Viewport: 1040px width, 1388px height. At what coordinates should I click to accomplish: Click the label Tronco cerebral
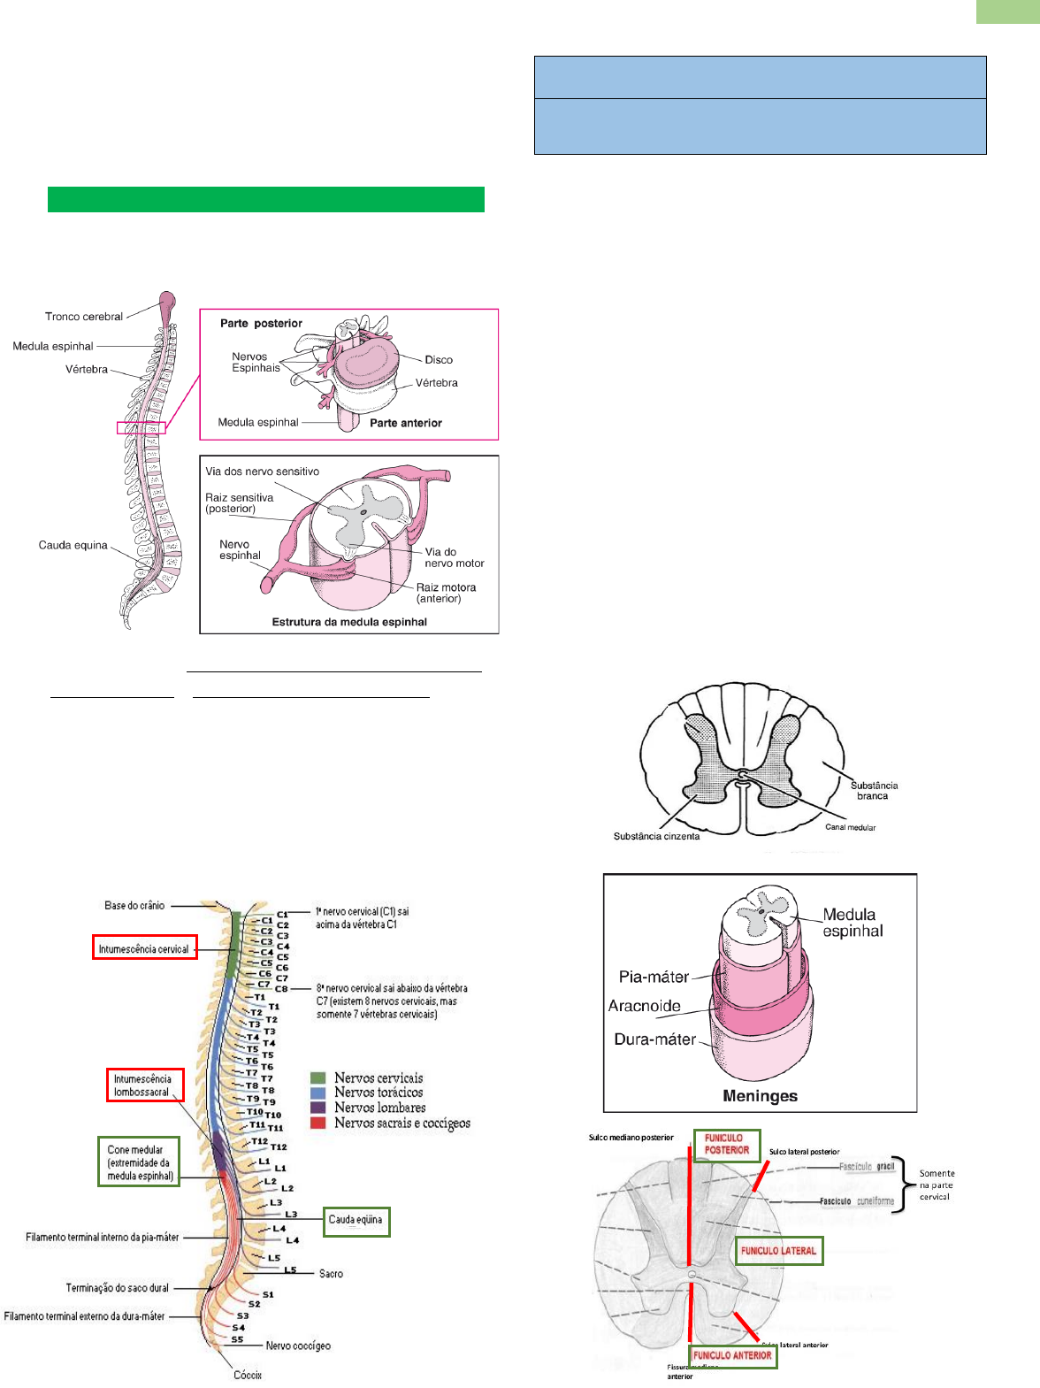pyautogui.click(x=84, y=317)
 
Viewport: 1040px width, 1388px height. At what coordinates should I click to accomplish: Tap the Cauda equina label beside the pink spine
pyautogui.click(x=73, y=545)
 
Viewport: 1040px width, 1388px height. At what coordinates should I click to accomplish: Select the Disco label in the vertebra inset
pyautogui.click(x=439, y=360)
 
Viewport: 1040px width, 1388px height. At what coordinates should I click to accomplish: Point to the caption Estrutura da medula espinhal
pyautogui.click(x=349, y=622)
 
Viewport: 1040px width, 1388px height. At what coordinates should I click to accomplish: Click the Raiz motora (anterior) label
pyautogui.click(x=446, y=593)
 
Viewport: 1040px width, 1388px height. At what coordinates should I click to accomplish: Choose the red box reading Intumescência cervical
pyautogui.click(x=144, y=948)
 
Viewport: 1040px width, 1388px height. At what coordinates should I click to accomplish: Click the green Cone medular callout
pyautogui.click(x=139, y=1162)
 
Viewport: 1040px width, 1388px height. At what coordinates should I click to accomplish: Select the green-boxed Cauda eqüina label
pyautogui.click(x=356, y=1220)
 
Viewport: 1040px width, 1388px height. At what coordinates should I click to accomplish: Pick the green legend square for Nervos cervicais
pyautogui.click(x=318, y=1077)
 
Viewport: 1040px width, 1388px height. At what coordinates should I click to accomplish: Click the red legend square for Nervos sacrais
pyautogui.click(x=318, y=1123)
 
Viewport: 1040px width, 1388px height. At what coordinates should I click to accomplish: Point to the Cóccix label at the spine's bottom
pyautogui.click(x=248, y=1375)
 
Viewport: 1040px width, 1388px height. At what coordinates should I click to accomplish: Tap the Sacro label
pyautogui.click(x=331, y=1274)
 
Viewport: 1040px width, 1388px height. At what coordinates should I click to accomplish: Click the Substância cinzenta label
pyautogui.click(x=656, y=836)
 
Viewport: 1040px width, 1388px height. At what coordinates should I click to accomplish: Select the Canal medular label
pyautogui.click(x=850, y=827)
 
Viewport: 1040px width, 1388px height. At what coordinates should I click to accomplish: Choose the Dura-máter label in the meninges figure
pyautogui.click(x=655, y=1039)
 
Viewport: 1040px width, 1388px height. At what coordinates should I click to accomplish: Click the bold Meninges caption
pyautogui.click(x=760, y=1096)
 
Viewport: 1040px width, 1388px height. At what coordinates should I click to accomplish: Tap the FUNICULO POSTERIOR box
pyautogui.click(x=727, y=1144)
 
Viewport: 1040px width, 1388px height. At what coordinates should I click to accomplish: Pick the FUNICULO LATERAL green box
pyautogui.click(x=778, y=1251)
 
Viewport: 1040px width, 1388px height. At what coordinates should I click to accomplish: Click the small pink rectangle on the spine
pyautogui.click(x=141, y=428)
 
